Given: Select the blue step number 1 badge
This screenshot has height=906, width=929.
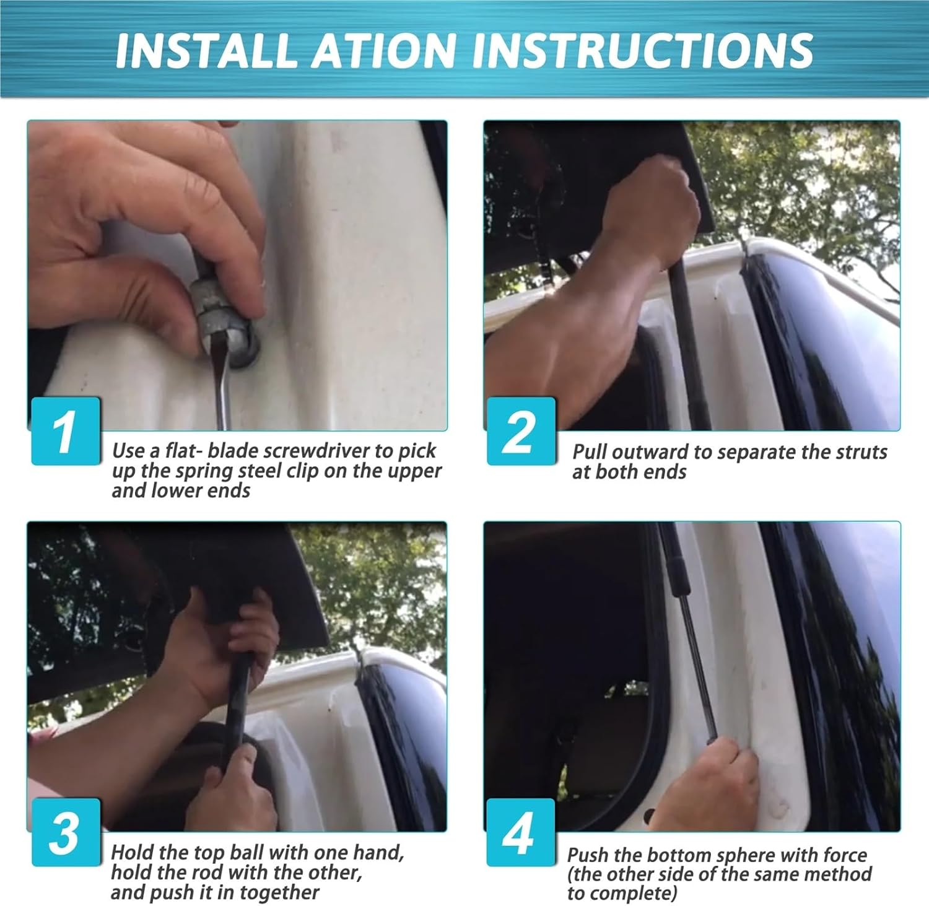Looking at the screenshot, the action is [x=66, y=430].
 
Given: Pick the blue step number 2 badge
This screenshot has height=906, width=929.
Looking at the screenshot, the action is [x=521, y=430].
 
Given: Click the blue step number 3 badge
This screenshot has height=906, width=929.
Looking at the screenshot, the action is [x=66, y=832].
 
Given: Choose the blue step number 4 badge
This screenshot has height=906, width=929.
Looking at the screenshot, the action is [x=521, y=832].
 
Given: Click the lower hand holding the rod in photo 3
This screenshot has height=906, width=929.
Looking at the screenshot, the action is [x=232, y=786].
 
